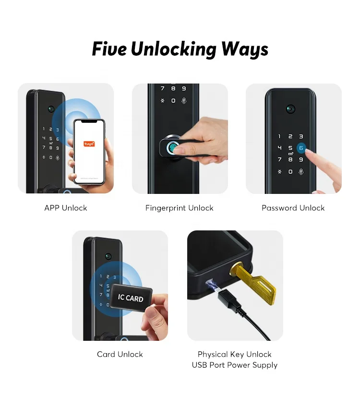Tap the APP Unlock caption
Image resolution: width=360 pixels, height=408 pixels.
(x=66, y=208)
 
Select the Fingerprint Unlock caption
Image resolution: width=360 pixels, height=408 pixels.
(x=180, y=208)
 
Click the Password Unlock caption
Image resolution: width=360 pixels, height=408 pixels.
(x=293, y=208)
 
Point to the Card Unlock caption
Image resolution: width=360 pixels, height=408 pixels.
(x=120, y=354)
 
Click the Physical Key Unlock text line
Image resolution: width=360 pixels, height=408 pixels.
(x=235, y=354)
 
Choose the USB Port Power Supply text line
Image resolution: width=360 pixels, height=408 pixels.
(x=235, y=365)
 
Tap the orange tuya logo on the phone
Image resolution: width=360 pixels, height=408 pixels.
(x=89, y=144)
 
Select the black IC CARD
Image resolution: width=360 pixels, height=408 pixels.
(x=131, y=298)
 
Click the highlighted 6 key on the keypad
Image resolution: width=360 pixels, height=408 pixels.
(x=301, y=148)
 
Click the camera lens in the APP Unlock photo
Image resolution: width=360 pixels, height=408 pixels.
(x=50, y=108)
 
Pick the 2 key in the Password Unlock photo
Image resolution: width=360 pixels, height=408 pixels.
(x=290, y=137)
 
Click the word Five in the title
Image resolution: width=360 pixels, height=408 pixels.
(x=109, y=49)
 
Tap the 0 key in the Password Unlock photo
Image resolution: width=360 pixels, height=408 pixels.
(x=290, y=171)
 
